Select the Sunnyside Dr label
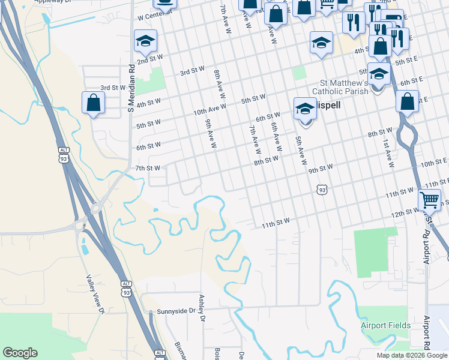pyautogui.click(x=176, y=311)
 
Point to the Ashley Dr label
pyautogui.click(x=202, y=306)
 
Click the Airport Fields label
pyautogui.click(x=385, y=326)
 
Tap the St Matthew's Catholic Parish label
pyautogui.click(x=352, y=87)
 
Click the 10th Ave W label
pyautogui.click(x=209, y=109)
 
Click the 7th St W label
pyautogui.click(x=148, y=168)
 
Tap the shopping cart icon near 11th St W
pyautogui.click(x=429, y=199)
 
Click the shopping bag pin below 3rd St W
pyautogui.click(x=94, y=103)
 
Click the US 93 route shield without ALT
pyautogui.click(x=322, y=190)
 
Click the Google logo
pyautogui.click(x=20, y=353)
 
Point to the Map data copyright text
pyautogui.click(x=412, y=355)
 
